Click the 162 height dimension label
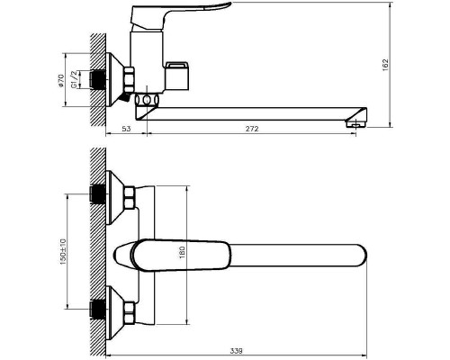coord(385,65)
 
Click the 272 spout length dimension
coord(252,129)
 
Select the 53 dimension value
coord(127,129)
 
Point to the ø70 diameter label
coord(61,80)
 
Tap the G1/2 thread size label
coord(74,79)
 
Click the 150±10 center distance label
coord(63,251)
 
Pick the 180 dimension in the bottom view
coord(183,253)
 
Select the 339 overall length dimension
coord(236,351)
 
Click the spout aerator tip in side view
coord(356,123)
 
